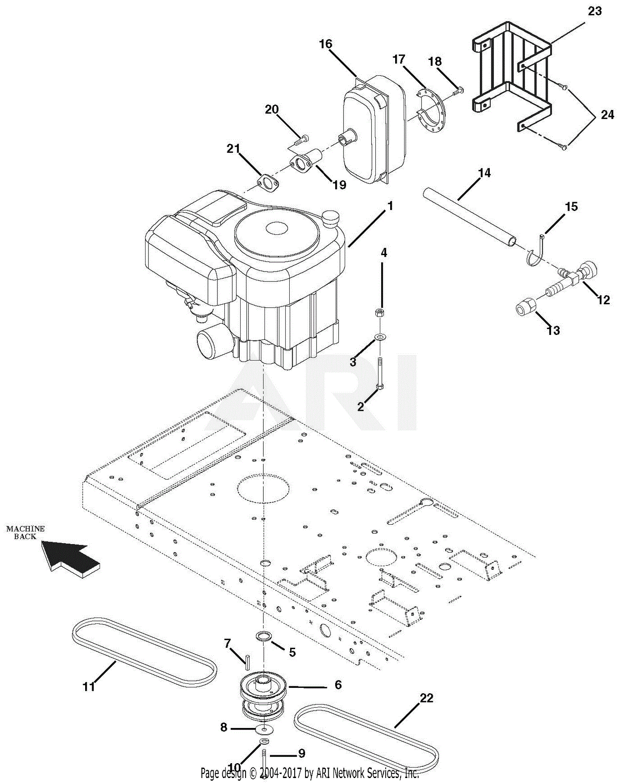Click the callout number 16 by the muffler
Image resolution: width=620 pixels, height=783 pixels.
click(x=326, y=44)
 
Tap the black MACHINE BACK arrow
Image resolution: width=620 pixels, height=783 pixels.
click(x=70, y=558)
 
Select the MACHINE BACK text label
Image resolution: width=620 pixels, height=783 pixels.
click(x=25, y=532)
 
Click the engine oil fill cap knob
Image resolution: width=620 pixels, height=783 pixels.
click(x=330, y=217)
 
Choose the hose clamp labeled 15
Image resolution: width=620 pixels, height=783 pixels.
click(x=537, y=252)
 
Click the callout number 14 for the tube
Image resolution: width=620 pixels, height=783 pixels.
click(x=484, y=173)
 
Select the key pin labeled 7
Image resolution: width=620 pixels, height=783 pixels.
click(x=247, y=662)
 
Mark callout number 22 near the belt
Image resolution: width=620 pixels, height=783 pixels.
click(x=427, y=698)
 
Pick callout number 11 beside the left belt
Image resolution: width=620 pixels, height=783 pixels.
click(x=88, y=687)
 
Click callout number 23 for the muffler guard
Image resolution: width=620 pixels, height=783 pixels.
click(x=594, y=11)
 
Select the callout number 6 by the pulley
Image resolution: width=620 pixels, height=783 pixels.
click(x=338, y=685)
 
